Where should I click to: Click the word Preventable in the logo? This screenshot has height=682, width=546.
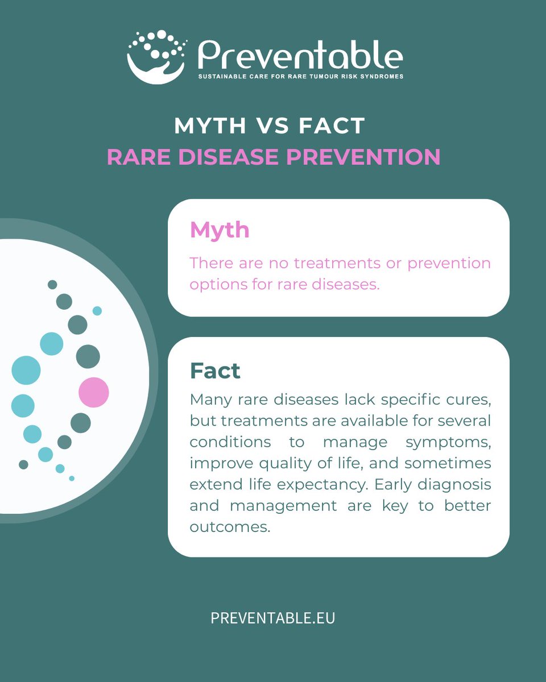300,56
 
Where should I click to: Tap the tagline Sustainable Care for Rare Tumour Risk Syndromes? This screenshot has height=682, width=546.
300,76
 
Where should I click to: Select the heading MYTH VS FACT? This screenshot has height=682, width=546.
270,126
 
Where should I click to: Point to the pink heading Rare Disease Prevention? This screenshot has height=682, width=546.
274,157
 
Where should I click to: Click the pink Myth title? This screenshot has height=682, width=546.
220,230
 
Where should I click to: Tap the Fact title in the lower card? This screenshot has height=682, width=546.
215,371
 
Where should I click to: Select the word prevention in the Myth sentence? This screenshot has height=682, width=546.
449,263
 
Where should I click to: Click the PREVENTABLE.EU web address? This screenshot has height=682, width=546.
273,618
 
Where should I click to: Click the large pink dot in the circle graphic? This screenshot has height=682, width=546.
94,392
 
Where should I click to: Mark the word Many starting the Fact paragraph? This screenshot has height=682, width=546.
209,400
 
